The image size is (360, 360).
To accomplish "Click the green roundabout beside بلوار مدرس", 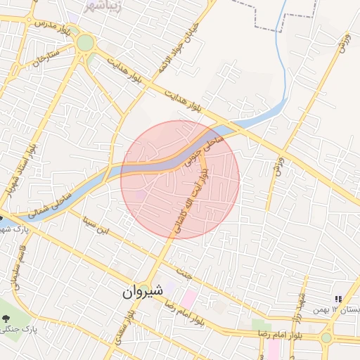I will [85, 43].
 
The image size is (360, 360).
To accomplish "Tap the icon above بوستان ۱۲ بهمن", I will [338, 299].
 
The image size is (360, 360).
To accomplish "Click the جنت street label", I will [185, 276].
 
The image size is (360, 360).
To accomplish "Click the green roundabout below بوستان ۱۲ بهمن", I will [326, 337].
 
